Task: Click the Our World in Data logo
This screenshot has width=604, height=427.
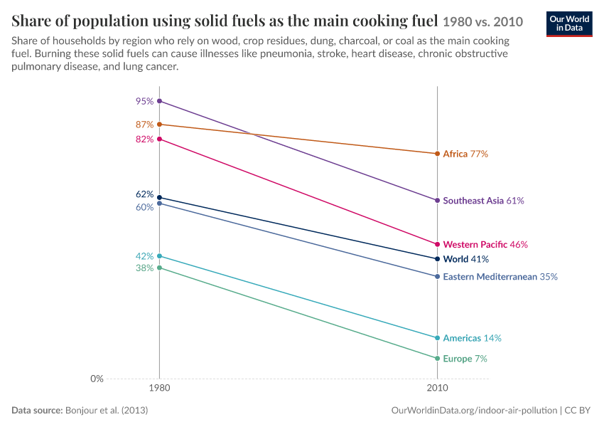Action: click(x=569, y=24)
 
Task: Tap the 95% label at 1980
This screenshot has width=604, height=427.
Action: click(x=144, y=101)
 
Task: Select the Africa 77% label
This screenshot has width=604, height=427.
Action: click(x=465, y=154)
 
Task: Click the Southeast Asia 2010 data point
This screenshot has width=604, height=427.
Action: click(x=437, y=201)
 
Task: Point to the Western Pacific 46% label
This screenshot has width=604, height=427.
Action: click(x=485, y=245)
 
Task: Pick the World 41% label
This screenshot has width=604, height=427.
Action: click(x=465, y=259)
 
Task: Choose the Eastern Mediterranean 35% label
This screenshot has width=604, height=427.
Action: click(x=500, y=277)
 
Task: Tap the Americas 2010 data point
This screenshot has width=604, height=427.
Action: click(x=437, y=338)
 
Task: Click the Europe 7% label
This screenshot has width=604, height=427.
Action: click(x=465, y=359)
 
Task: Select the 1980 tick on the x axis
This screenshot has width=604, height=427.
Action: click(x=159, y=388)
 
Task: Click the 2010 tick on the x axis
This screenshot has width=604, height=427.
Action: click(x=437, y=388)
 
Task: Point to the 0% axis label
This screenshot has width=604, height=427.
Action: click(x=97, y=379)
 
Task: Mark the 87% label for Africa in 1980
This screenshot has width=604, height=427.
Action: click(x=144, y=125)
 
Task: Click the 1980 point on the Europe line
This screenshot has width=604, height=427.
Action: click(x=159, y=268)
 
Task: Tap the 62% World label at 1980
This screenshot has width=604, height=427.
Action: click(x=144, y=194)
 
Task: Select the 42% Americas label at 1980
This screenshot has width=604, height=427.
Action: click(x=144, y=256)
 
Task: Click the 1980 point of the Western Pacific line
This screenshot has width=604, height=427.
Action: click(x=159, y=139)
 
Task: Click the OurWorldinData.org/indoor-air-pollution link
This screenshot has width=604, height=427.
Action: click(x=474, y=411)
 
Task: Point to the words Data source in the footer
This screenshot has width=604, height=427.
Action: click(x=37, y=411)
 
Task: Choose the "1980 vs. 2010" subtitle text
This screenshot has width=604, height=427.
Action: click(x=483, y=22)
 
